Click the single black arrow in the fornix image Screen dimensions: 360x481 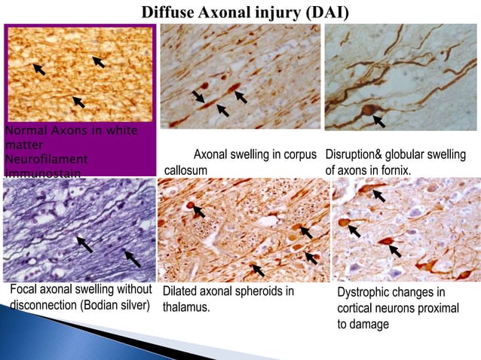(x=379, y=120)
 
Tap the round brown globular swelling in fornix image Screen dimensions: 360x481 (x=368, y=111)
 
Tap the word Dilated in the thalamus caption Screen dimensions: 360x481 (x=181, y=291)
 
